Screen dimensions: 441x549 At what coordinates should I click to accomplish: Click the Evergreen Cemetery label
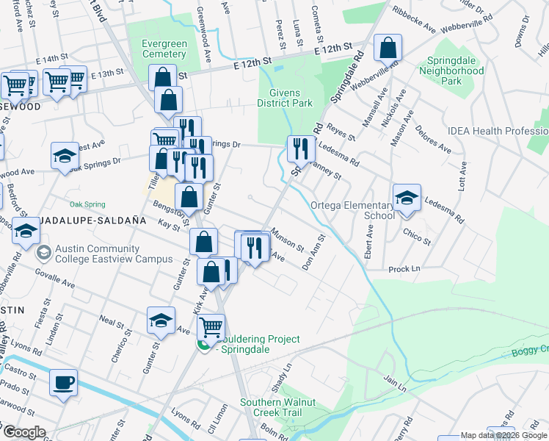tap(165, 49)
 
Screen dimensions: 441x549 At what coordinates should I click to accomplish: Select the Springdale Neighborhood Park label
tap(451, 71)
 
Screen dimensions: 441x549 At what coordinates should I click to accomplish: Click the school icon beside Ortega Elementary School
tap(407, 198)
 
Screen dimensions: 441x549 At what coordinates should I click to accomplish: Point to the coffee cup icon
tap(63, 383)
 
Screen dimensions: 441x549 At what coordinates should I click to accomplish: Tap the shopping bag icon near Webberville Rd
tap(388, 49)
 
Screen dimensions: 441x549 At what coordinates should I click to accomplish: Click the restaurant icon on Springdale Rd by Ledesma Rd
tap(301, 149)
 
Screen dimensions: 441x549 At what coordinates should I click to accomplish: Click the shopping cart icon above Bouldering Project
tap(211, 326)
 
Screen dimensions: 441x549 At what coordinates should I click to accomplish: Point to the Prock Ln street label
tap(404, 269)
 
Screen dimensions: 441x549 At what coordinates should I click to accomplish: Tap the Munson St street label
tap(287, 240)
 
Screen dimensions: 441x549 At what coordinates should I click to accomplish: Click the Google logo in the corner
tap(24, 432)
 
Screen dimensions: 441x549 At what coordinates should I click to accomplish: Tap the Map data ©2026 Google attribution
tap(504, 435)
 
